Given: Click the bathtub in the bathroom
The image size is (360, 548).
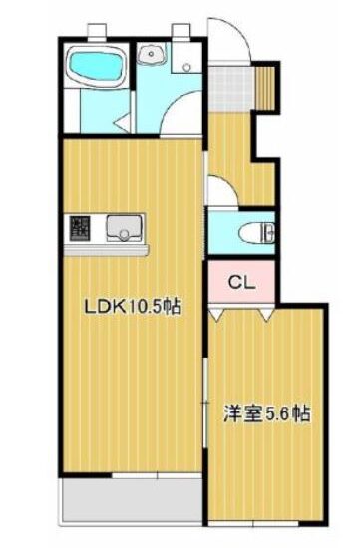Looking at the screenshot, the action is tap(96, 67).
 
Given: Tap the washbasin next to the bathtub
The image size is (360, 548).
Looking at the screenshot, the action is tap(152, 54).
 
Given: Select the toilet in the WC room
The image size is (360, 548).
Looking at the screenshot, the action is tap(257, 232).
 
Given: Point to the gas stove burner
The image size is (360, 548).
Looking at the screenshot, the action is tap(80, 227).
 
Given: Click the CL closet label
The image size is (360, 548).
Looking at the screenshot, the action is tap(241, 283).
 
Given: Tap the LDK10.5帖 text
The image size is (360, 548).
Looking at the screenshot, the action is tap(133, 307).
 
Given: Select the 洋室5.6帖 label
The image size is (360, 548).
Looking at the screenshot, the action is tap(267, 413).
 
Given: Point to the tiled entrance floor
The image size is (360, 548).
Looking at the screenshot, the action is tap(230, 88).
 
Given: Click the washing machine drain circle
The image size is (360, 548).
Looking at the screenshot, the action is tap(186, 66).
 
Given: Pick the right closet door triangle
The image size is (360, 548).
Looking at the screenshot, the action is tap(268, 314).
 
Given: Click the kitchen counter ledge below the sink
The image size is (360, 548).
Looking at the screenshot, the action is tap(107, 250).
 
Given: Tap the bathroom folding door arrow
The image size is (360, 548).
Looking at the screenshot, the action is tap(123, 123).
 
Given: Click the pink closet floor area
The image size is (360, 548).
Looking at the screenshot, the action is tap(241, 282).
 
